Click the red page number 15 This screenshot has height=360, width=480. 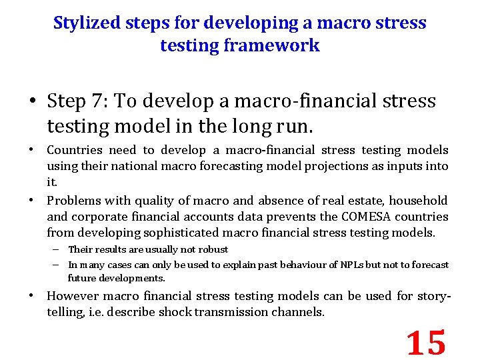coord(426,342)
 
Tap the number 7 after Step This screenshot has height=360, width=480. coord(107,101)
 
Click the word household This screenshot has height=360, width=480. coord(419,201)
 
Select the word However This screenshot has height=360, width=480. coord(74,296)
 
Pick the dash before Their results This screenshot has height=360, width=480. coord(58,249)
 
